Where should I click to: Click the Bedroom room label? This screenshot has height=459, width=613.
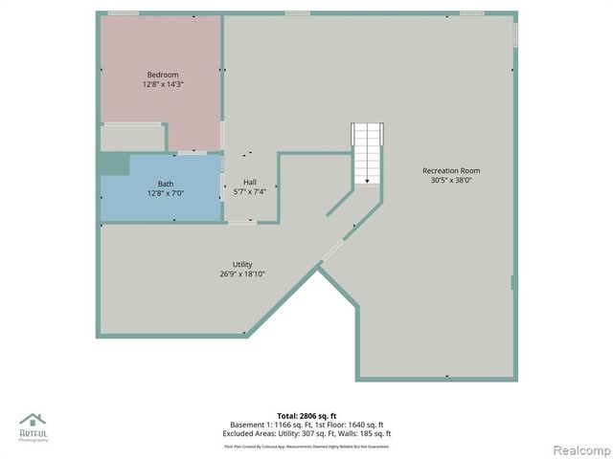tap(162, 75)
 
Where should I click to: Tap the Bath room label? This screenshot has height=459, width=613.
tap(166, 184)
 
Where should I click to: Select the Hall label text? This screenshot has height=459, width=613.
tap(249, 182)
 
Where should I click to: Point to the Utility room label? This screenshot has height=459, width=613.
tap(242, 265)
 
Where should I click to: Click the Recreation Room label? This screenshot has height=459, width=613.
tap(451, 170)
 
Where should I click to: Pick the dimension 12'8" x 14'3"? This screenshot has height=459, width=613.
tap(162, 84)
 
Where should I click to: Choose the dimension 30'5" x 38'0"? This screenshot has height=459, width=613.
tap(451, 180)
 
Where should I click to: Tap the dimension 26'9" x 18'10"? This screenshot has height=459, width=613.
tap(242, 274)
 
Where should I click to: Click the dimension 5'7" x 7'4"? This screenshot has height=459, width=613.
tap(249, 191)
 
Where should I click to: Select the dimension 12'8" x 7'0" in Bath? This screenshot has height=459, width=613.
tap(166, 193)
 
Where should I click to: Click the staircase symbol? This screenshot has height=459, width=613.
tap(367, 153)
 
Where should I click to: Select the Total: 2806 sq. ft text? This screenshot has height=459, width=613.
tap(306, 416)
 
